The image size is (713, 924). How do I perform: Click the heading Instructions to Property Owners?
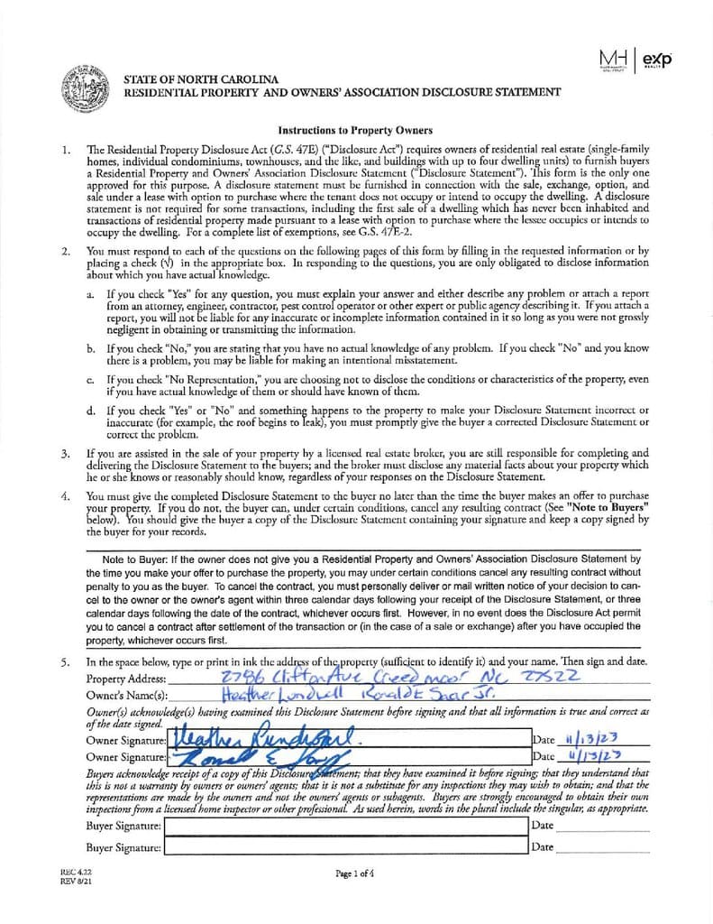355,130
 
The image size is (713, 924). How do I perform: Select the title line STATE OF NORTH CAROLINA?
201,79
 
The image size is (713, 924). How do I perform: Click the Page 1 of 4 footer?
355,873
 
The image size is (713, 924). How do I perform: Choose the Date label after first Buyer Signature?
543,825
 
